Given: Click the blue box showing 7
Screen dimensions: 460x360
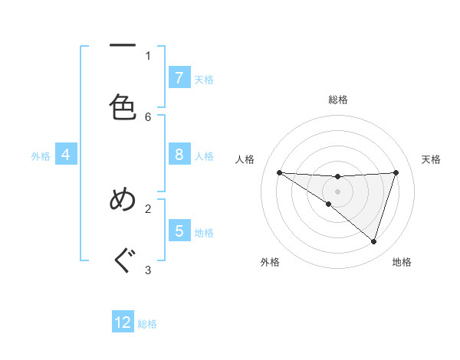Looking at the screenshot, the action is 179,78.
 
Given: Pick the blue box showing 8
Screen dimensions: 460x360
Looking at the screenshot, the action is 179,155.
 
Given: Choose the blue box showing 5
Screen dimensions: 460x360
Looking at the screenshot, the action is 179,231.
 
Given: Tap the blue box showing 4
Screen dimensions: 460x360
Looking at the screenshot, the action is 65,155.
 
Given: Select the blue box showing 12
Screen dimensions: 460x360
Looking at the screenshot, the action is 123,322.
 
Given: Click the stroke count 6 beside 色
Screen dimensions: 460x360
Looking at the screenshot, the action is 148,116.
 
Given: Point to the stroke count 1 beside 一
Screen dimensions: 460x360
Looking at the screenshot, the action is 148,55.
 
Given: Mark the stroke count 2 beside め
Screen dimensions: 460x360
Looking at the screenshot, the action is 148,208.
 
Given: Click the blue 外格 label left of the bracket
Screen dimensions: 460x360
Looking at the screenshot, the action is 41,156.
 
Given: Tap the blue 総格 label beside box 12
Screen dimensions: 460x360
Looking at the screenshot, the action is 147,324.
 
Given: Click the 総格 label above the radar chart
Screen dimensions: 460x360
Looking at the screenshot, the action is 337,100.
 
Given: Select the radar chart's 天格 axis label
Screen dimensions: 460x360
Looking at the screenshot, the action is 431,159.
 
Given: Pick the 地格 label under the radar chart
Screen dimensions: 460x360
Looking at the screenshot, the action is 402,262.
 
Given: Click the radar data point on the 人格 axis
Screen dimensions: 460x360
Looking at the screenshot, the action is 279,172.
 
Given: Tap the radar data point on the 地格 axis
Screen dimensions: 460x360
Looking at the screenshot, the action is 373,241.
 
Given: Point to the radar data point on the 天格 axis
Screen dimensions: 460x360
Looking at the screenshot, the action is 396,172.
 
